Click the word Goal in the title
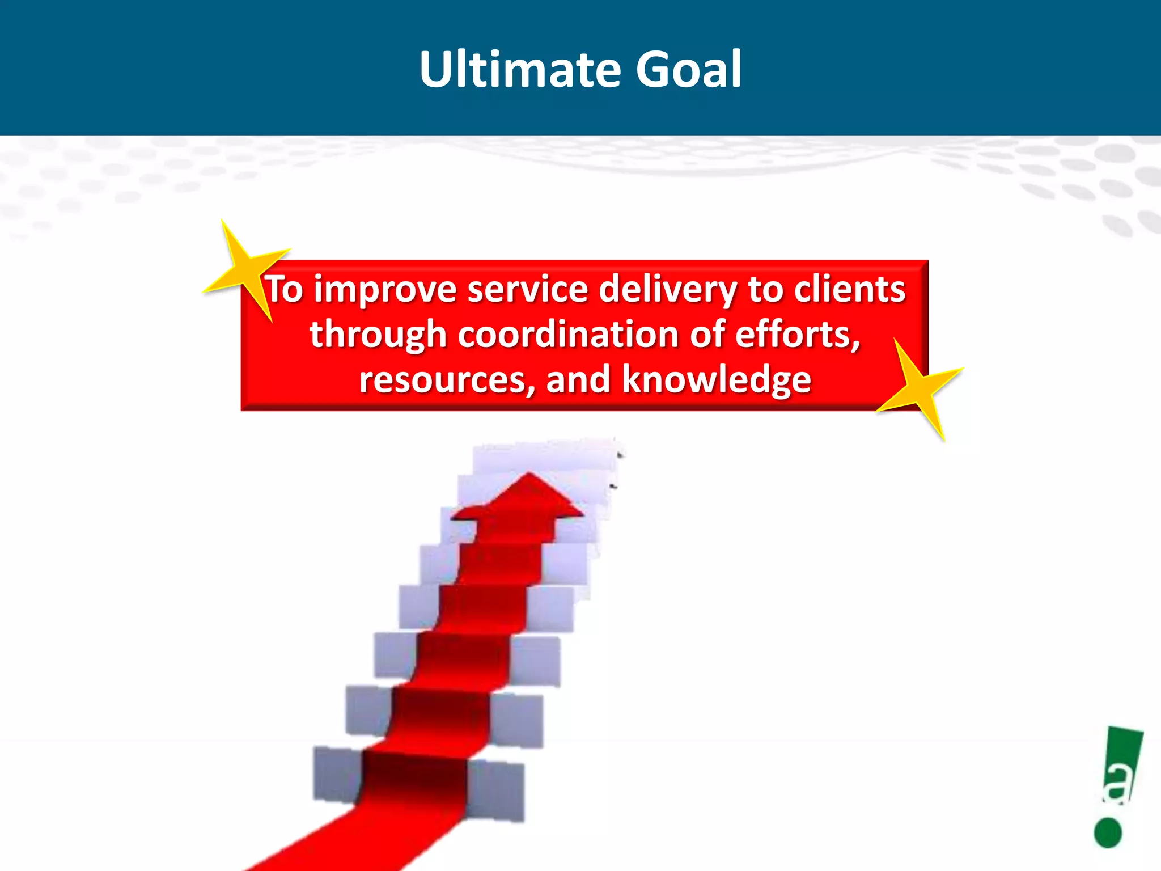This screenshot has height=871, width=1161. tap(688, 69)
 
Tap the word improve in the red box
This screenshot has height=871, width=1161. tap(385, 289)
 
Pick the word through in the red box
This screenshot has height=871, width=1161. tap(378, 335)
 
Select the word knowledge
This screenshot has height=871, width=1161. tap(717, 380)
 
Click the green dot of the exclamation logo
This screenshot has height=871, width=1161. tap(1108, 833)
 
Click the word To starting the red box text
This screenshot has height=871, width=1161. tap(285, 289)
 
